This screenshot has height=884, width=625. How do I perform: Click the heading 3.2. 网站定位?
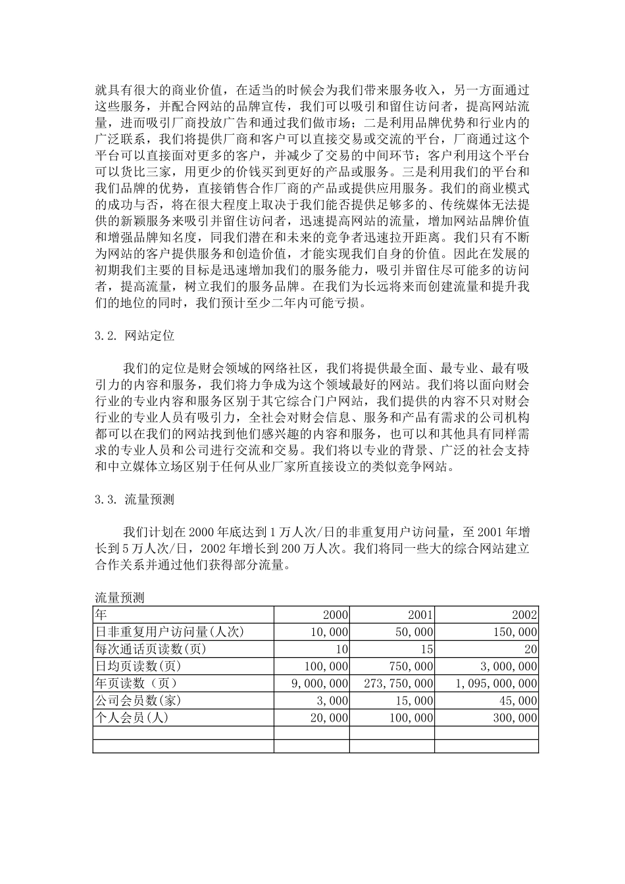click(135, 335)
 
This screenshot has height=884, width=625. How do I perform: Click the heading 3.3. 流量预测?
click(135, 499)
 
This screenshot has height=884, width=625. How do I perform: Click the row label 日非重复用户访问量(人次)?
click(170, 632)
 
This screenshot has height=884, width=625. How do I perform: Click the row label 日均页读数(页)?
click(137, 666)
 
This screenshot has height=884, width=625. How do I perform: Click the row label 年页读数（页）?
click(136, 684)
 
